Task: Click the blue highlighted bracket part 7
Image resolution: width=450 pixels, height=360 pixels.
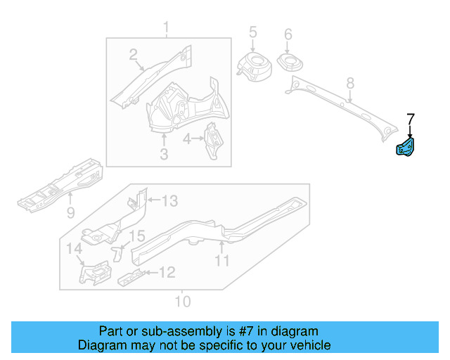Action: pyautogui.click(x=407, y=148)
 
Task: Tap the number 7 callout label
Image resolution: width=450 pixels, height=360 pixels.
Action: pyautogui.click(x=411, y=119)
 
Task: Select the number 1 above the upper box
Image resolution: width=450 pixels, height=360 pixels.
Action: pyautogui.click(x=167, y=28)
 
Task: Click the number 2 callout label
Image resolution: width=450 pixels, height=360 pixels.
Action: pyautogui.click(x=133, y=54)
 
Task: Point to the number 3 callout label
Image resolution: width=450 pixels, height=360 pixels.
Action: pyautogui.click(x=163, y=154)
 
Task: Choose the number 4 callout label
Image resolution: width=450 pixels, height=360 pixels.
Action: pyautogui.click(x=186, y=139)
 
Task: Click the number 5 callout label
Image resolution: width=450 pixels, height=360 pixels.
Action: pyautogui.click(x=252, y=33)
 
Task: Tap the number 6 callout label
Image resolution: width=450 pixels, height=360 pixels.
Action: pyautogui.click(x=288, y=34)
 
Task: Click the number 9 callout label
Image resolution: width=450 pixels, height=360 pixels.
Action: pyautogui.click(x=70, y=212)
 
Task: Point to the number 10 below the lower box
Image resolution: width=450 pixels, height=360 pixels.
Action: pyautogui.click(x=182, y=302)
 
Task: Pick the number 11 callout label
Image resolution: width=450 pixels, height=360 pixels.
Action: pyautogui.click(x=222, y=262)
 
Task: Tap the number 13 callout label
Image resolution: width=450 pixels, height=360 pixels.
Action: pyautogui.click(x=169, y=202)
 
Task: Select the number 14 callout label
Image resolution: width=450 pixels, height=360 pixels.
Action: pyautogui.click(x=74, y=248)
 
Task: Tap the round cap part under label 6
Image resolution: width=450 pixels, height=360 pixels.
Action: pyautogui.click(x=288, y=62)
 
